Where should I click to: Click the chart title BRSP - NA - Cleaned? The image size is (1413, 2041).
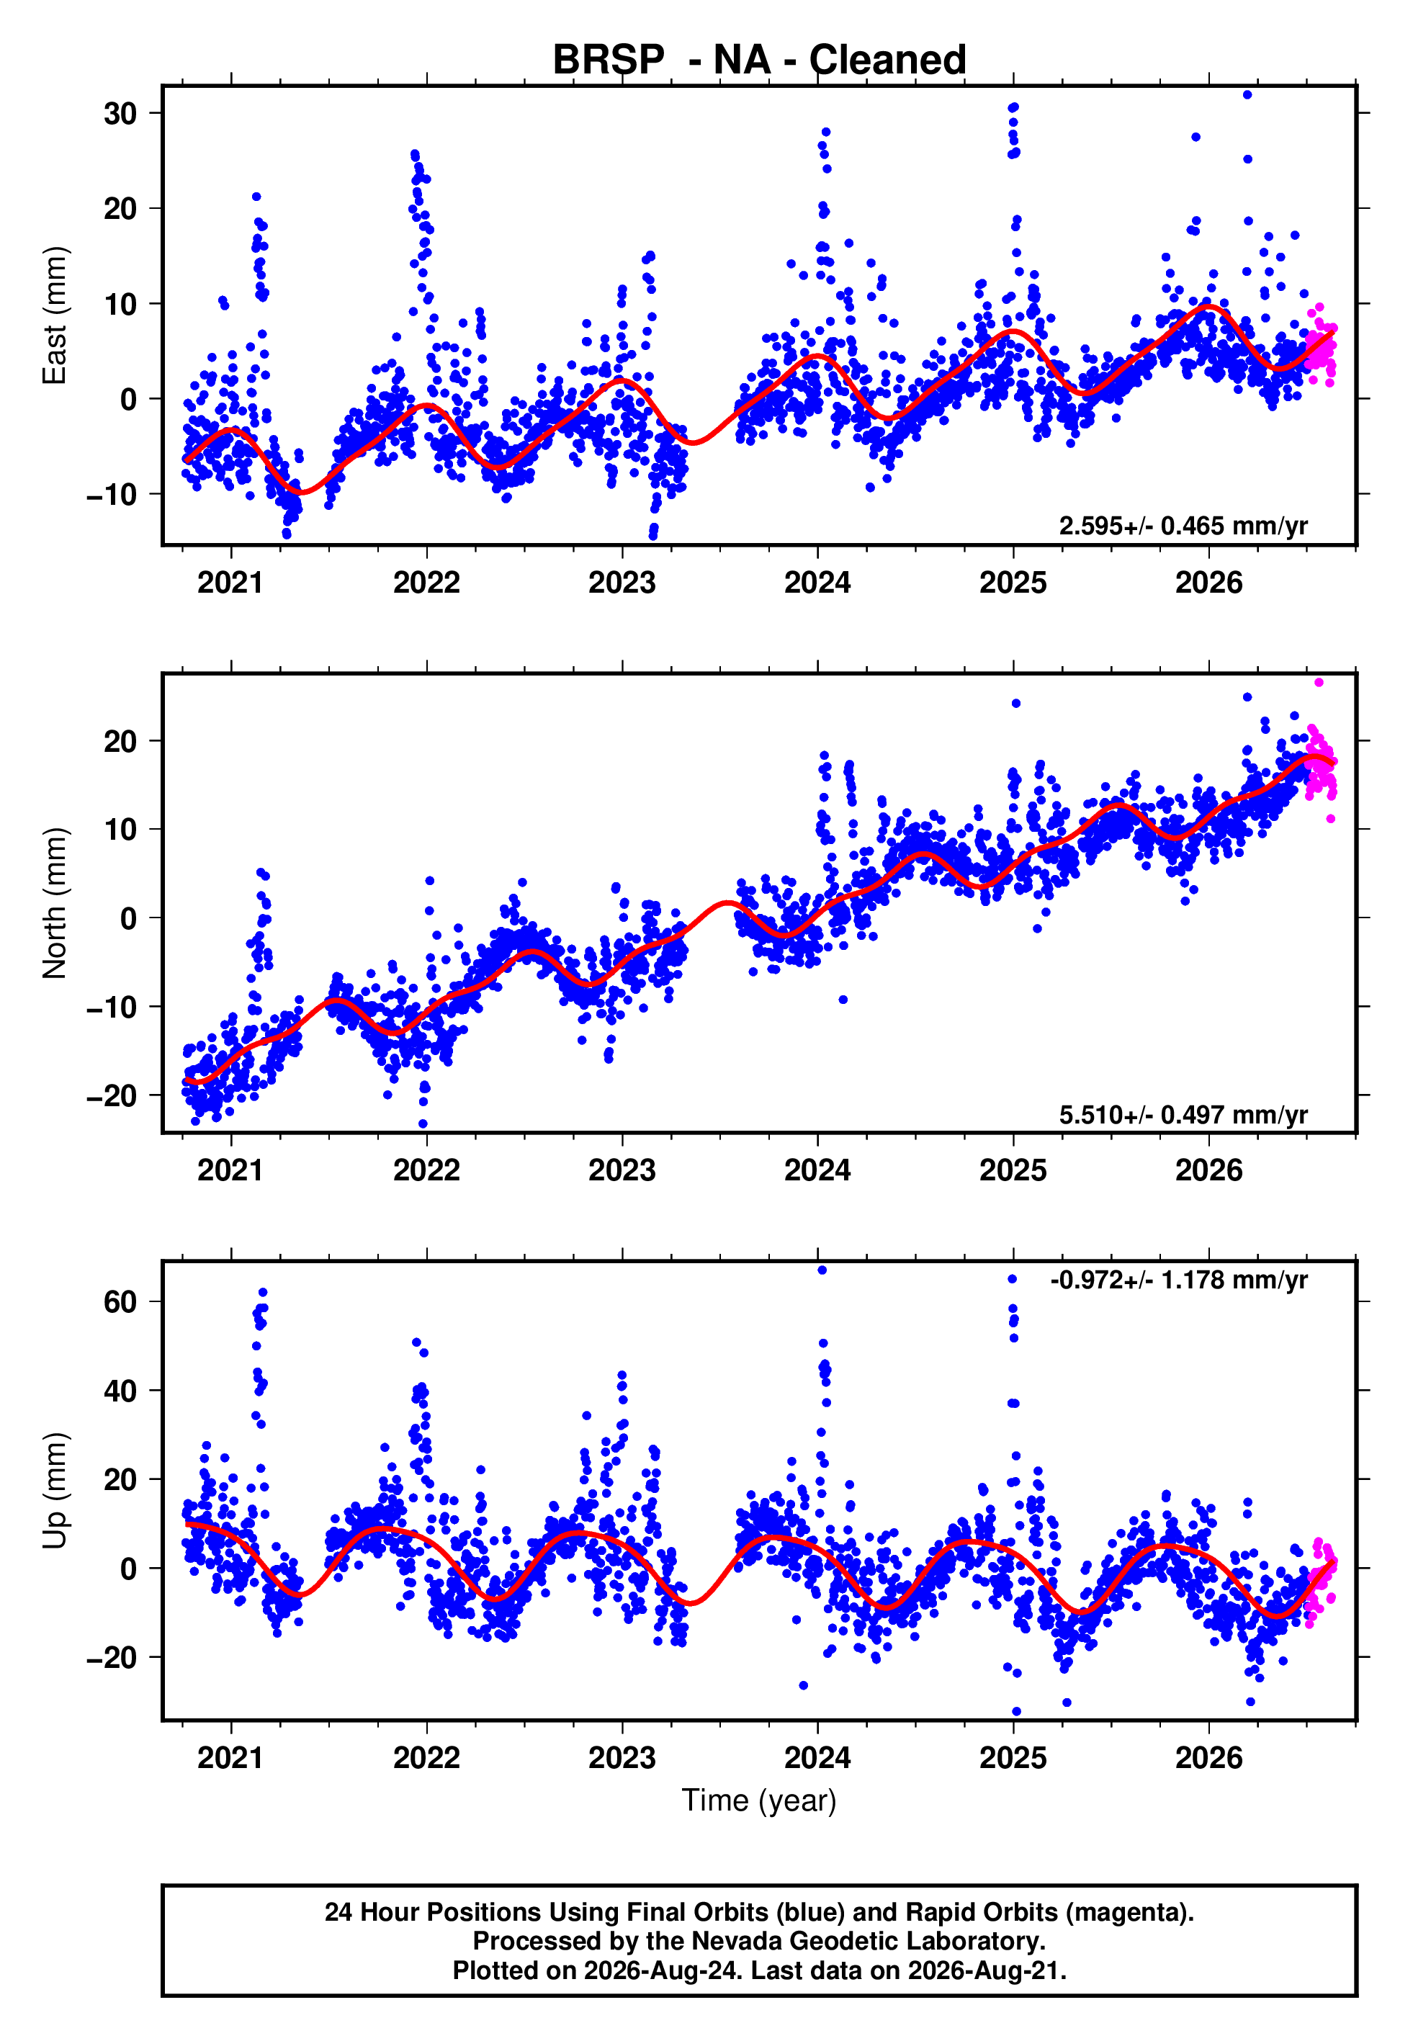click(759, 60)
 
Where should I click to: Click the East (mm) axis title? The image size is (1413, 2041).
click(55, 315)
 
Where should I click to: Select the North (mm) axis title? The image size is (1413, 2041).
click(55, 903)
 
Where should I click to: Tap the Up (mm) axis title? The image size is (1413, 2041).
click(55, 1491)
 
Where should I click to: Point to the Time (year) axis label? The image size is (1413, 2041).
click(759, 1800)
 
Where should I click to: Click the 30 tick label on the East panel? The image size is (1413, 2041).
click(120, 113)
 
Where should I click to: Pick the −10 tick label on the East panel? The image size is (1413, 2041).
click(112, 494)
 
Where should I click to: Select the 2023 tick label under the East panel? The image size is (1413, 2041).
click(622, 583)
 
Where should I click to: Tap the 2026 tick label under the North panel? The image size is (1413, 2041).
click(1208, 1170)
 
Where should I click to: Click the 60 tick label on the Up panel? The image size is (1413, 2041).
click(120, 1302)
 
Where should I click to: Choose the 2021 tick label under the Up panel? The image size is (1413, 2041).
click(230, 1758)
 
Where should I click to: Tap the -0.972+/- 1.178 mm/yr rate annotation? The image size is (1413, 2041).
click(1178, 1280)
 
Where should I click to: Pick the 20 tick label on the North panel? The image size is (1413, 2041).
click(120, 741)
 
